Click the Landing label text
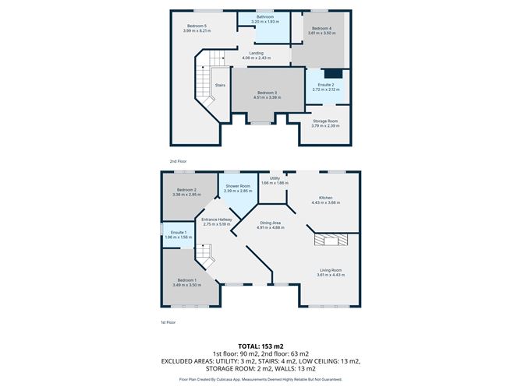coord(257,55)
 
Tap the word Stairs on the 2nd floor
coord(221,86)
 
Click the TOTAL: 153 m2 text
coord(260,345)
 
